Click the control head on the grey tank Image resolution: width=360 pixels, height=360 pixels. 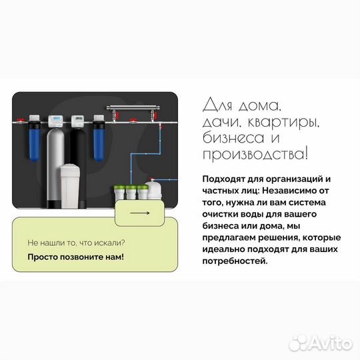[56, 121]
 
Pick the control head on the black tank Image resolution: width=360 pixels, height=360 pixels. [77, 121]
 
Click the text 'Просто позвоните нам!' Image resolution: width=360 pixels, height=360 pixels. [75, 257]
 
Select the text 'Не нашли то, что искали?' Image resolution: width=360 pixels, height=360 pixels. [76, 243]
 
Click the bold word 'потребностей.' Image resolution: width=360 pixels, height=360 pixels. [233, 261]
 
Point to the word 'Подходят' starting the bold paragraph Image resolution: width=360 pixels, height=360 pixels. [221, 179]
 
